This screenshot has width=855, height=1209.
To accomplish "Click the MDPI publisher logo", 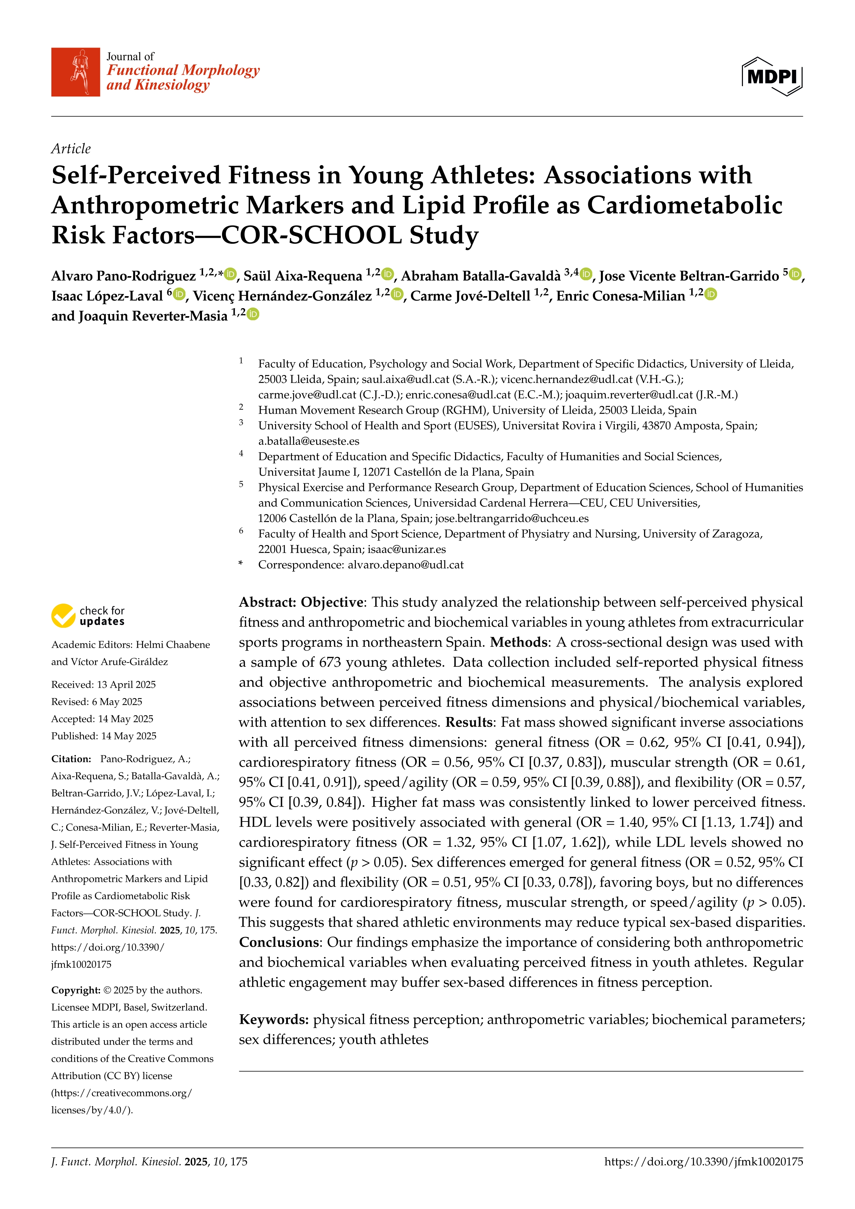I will click(x=772, y=76).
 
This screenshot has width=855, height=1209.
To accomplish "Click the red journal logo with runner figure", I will click(x=75, y=72).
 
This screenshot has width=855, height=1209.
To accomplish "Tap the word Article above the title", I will click(x=71, y=149).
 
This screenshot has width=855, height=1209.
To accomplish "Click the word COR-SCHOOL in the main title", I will click(x=311, y=235).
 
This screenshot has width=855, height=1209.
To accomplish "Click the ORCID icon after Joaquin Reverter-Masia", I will click(x=253, y=314).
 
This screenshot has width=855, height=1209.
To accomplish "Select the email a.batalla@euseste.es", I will click(x=309, y=441).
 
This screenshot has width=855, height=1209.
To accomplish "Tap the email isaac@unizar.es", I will click(x=406, y=549).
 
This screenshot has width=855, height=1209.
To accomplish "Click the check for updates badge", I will click(x=88, y=616).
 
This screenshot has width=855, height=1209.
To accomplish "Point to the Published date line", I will click(x=104, y=736).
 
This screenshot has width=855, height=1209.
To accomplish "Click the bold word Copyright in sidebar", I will click(x=75, y=990).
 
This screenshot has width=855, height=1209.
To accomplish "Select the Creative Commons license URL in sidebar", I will click(x=121, y=1101).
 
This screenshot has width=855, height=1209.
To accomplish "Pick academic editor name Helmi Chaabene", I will click(x=173, y=645).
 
